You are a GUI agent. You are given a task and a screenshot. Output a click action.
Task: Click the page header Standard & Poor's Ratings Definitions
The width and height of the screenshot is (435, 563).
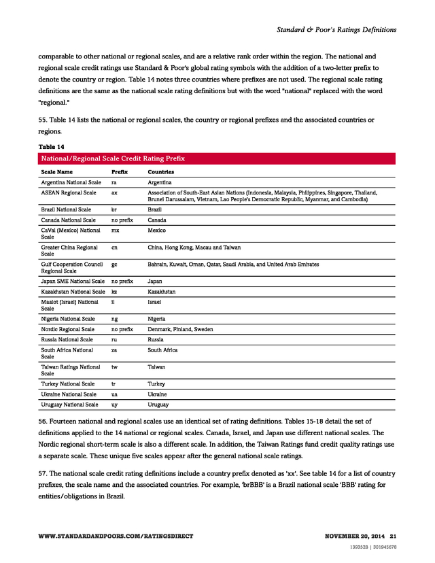tap(336, 30)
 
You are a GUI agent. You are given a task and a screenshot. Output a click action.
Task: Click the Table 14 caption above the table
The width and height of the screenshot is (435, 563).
tap(51, 147)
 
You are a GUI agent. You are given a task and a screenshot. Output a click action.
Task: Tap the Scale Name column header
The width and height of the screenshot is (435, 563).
tap(57, 172)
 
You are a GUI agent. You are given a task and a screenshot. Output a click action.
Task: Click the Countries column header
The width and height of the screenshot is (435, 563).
tap(160, 172)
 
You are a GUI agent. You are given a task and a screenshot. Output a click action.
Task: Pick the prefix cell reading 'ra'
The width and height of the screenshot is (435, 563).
tap(114, 183)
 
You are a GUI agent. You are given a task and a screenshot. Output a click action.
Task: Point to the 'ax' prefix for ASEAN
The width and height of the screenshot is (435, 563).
tap(114, 193)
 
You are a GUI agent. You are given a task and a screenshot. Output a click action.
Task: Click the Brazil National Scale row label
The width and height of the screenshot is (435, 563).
tap(66, 210)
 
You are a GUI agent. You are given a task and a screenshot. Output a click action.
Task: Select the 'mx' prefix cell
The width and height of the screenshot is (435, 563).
tap(115, 231)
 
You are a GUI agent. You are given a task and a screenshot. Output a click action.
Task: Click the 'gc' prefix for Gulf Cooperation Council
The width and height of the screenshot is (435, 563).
tap(115, 264)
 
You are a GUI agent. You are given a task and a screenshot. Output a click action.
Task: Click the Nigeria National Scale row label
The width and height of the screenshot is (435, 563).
tap(68, 318)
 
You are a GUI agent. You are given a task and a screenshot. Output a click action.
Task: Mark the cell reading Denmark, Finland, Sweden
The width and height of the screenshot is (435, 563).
tap(180, 329)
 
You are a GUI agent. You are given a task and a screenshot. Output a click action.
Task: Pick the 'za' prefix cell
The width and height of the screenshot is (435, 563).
tap(114, 350)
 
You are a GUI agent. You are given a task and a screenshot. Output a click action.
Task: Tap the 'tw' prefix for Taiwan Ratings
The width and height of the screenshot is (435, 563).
tap(115, 366)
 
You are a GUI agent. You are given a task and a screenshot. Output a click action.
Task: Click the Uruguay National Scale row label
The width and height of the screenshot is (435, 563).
tap(69, 405)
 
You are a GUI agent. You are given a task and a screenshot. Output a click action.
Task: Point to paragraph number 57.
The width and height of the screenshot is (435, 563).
tap(43, 473)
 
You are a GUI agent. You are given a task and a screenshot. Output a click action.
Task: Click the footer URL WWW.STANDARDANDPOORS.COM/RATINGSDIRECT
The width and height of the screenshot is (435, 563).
tap(116, 536)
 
